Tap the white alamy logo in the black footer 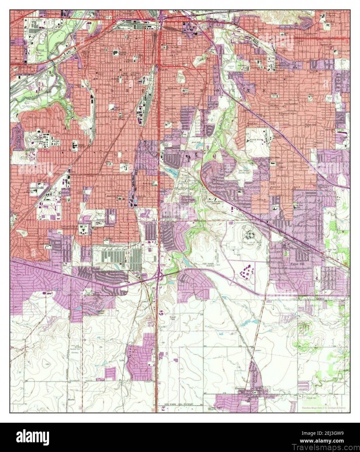(32, 437)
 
